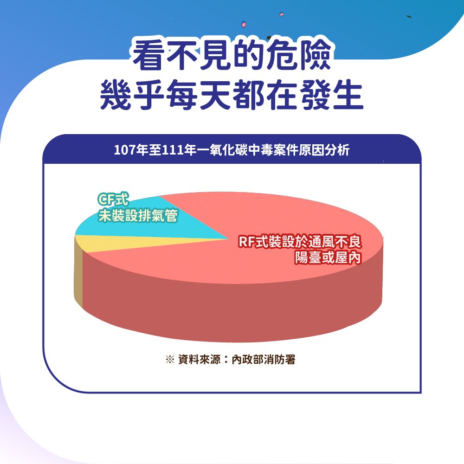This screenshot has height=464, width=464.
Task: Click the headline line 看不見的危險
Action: pos(232,54)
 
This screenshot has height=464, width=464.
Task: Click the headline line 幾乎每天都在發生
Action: pos(232,95)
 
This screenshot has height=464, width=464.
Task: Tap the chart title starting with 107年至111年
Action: pos(232,150)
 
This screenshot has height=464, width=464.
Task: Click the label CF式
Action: pos(113,199)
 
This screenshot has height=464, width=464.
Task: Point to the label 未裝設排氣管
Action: pos(138,215)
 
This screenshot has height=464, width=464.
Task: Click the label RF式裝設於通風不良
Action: pos(300,241)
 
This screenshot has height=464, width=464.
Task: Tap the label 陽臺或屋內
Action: pos(328,257)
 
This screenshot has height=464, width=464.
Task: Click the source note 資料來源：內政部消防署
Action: pos(237,360)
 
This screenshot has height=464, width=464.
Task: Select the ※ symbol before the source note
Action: pos(170,360)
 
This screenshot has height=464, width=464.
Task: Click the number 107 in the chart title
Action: pos(125,150)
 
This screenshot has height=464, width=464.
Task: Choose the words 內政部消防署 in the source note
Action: pos(264,360)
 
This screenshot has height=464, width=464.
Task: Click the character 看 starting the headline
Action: pos(148,54)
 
